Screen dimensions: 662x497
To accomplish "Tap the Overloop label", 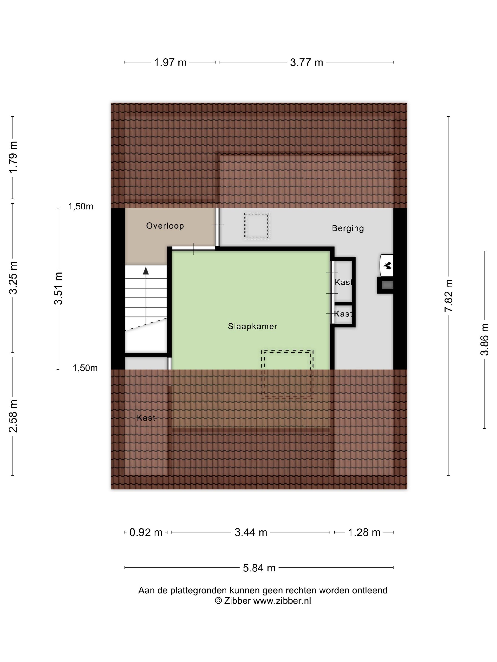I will (165, 226).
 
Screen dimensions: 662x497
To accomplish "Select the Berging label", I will (347, 228).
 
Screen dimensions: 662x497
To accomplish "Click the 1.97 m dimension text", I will (170, 63).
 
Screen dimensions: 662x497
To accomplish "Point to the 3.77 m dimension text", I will (306, 63).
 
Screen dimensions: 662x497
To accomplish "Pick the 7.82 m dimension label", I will (448, 296).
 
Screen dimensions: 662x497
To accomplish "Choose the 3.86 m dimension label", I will (484, 339).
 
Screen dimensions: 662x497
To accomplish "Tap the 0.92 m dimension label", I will (146, 532).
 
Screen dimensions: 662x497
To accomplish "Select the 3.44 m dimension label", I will (251, 532).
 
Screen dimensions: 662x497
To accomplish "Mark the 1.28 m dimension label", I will (364, 532).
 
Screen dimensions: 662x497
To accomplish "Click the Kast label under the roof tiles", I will (146, 418).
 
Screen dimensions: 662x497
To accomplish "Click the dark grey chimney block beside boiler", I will (387, 285).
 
